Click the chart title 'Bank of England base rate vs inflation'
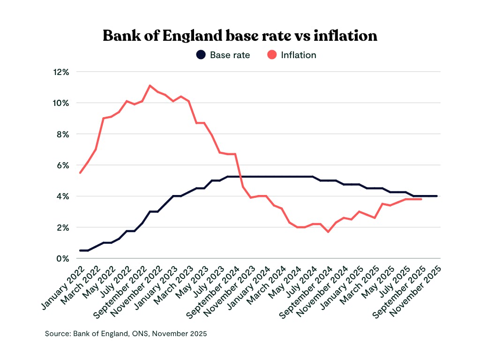240,36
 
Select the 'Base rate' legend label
230,55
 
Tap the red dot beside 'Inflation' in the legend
272,55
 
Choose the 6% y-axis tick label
63,165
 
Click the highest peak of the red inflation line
150,85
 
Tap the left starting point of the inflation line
80,173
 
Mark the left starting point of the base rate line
80,250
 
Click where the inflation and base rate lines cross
240,177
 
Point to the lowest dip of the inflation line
328,232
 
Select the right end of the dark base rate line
437,196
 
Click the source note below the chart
126,334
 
